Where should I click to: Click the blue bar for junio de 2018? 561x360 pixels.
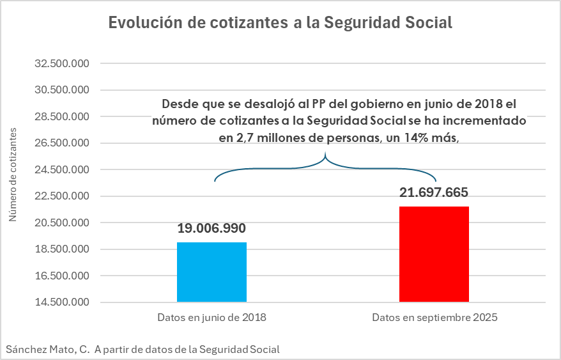pos(211,272)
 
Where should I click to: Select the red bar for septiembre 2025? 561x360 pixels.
pos(434,254)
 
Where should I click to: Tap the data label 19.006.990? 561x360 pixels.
pos(211,228)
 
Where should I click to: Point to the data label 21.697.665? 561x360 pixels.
pos(434,192)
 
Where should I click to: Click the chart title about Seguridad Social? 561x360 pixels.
pos(280,22)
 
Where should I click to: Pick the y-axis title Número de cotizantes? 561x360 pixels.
pos(13,175)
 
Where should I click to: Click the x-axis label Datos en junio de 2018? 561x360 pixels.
pos(211,317)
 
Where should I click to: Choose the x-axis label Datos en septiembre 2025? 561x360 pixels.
pos(434,317)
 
